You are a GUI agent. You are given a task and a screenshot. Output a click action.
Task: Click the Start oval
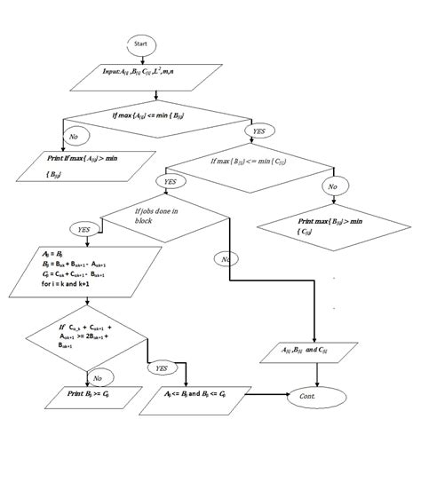tap(140, 43)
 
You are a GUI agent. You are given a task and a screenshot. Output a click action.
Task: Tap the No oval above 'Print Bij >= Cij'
tap(98, 376)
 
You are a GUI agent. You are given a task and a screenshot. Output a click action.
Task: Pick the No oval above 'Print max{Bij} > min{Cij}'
tap(332, 186)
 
